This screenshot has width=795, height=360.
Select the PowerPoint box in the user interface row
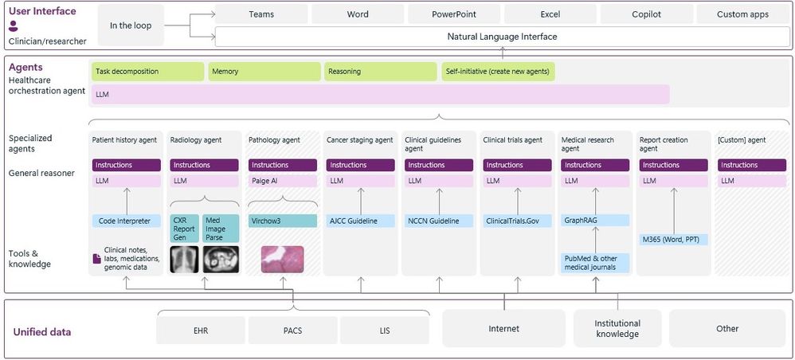(x=453, y=14)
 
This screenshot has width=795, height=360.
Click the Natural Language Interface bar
(x=501, y=37)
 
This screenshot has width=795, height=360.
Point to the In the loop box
(x=131, y=25)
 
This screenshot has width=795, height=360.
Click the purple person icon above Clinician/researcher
(x=14, y=26)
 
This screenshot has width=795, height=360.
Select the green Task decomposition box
(x=147, y=72)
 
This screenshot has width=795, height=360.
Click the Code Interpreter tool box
(x=126, y=221)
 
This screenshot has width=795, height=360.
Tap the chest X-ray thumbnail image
(x=184, y=259)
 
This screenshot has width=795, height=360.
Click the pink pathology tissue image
(x=282, y=260)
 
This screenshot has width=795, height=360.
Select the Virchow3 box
(x=276, y=221)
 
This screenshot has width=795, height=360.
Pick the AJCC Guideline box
(x=361, y=221)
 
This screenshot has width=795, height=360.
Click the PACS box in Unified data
(x=292, y=329)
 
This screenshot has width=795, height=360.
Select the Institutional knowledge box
(x=617, y=329)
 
